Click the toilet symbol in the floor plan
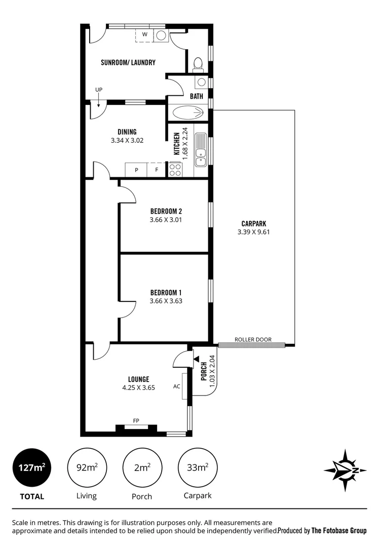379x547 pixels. click(198, 64)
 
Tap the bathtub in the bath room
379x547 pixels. click(187, 112)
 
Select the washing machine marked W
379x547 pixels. click(145, 35)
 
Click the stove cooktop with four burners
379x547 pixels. click(175, 169)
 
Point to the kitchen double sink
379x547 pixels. click(202, 149)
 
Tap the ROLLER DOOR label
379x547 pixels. click(253, 339)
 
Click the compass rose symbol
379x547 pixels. click(345, 470)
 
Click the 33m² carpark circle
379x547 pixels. click(197, 467)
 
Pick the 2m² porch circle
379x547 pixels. click(141, 467)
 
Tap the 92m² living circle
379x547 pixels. click(86, 467)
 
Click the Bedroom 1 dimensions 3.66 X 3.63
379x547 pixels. click(166, 301)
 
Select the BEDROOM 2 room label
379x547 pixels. click(166, 211)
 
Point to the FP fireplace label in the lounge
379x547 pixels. click(136, 420)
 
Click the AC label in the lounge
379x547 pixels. click(177, 386)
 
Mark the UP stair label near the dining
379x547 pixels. click(98, 90)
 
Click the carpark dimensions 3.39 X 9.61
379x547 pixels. click(254, 232)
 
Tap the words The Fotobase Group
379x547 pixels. click(338, 531)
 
